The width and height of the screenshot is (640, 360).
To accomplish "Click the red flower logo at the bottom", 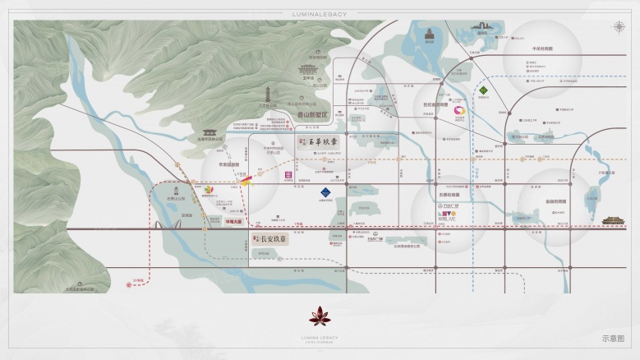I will pos(319,314).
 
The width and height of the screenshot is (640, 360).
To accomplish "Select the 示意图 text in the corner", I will pos(613,337).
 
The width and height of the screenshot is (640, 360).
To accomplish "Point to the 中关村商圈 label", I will pos(542,48).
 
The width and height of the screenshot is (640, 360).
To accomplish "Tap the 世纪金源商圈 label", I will pos(436,104).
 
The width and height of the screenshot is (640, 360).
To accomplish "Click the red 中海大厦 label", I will pos(233,220).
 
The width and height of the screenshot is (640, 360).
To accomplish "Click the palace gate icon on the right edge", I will pos(613,220).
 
